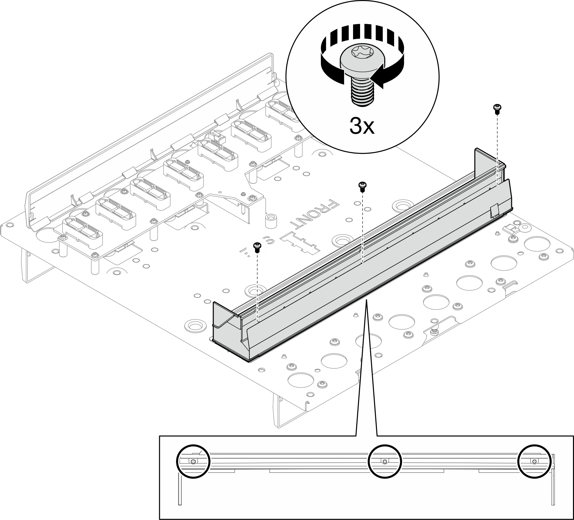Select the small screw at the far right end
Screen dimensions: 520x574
[x=497, y=108]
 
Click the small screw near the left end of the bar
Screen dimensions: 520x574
[x=257, y=247]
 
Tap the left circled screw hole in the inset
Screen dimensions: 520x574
[x=193, y=461]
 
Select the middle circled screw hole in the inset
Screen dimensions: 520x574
[x=385, y=461]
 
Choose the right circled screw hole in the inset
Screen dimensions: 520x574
[x=535, y=461]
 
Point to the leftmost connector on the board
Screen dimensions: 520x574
[x=83, y=234]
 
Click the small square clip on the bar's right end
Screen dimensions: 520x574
[x=495, y=211]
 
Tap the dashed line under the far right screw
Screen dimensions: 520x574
[x=497, y=149]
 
